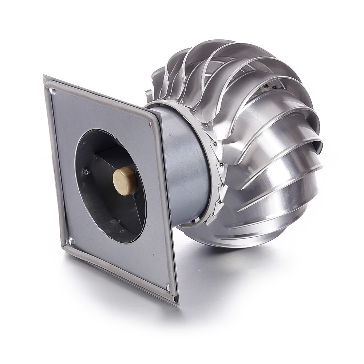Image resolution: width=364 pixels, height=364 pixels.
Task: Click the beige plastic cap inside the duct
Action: click(125, 181)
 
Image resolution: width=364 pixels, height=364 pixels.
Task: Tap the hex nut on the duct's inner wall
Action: click(87, 171)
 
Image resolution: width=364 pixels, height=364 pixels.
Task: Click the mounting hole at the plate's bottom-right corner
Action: click(168, 288)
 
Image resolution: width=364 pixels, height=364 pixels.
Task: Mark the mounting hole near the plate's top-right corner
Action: click(150, 124)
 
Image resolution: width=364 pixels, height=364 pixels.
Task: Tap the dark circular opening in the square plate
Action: click(109, 186)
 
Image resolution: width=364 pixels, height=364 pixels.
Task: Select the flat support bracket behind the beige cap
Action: click(109, 160)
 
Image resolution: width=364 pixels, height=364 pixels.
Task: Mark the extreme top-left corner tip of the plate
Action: click(44, 76)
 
